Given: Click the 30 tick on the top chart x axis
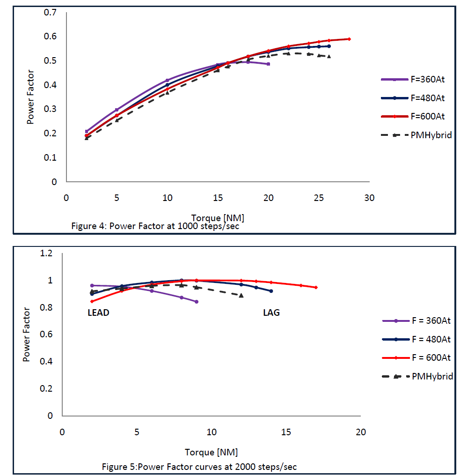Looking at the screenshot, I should [369, 198].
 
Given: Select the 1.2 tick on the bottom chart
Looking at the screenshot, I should [47, 253].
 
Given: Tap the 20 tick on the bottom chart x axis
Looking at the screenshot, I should [360, 431].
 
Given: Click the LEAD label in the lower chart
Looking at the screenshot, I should [98, 312].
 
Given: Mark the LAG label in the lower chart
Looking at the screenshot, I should [271, 312].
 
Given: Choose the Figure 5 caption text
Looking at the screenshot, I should [199, 467].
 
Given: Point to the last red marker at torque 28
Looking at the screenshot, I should [349, 39].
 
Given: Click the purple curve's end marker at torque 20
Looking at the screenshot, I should [268, 64].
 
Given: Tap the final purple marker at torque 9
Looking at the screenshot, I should [197, 302].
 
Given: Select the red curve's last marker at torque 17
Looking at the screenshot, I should [316, 287].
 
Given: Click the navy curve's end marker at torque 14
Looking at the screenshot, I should [271, 291].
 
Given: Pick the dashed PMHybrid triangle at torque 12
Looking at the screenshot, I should [241, 295].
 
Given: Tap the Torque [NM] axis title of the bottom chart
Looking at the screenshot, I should [211, 452].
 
